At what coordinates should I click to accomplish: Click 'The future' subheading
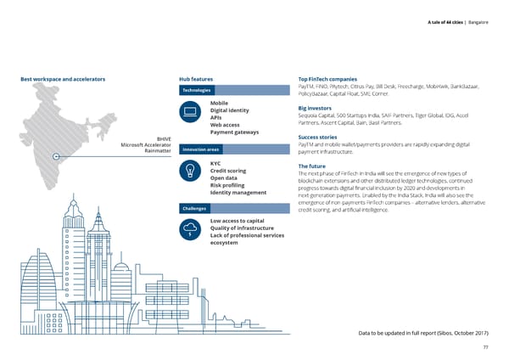pyautogui.click(x=314, y=166)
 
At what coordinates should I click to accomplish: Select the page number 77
pyautogui.click(x=484, y=347)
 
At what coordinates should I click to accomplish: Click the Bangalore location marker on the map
pyautogui.click(x=55, y=157)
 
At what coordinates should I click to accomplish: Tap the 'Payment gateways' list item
pyautogui.click(x=233, y=132)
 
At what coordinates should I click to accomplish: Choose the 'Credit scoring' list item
pyautogui.click(x=227, y=171)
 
